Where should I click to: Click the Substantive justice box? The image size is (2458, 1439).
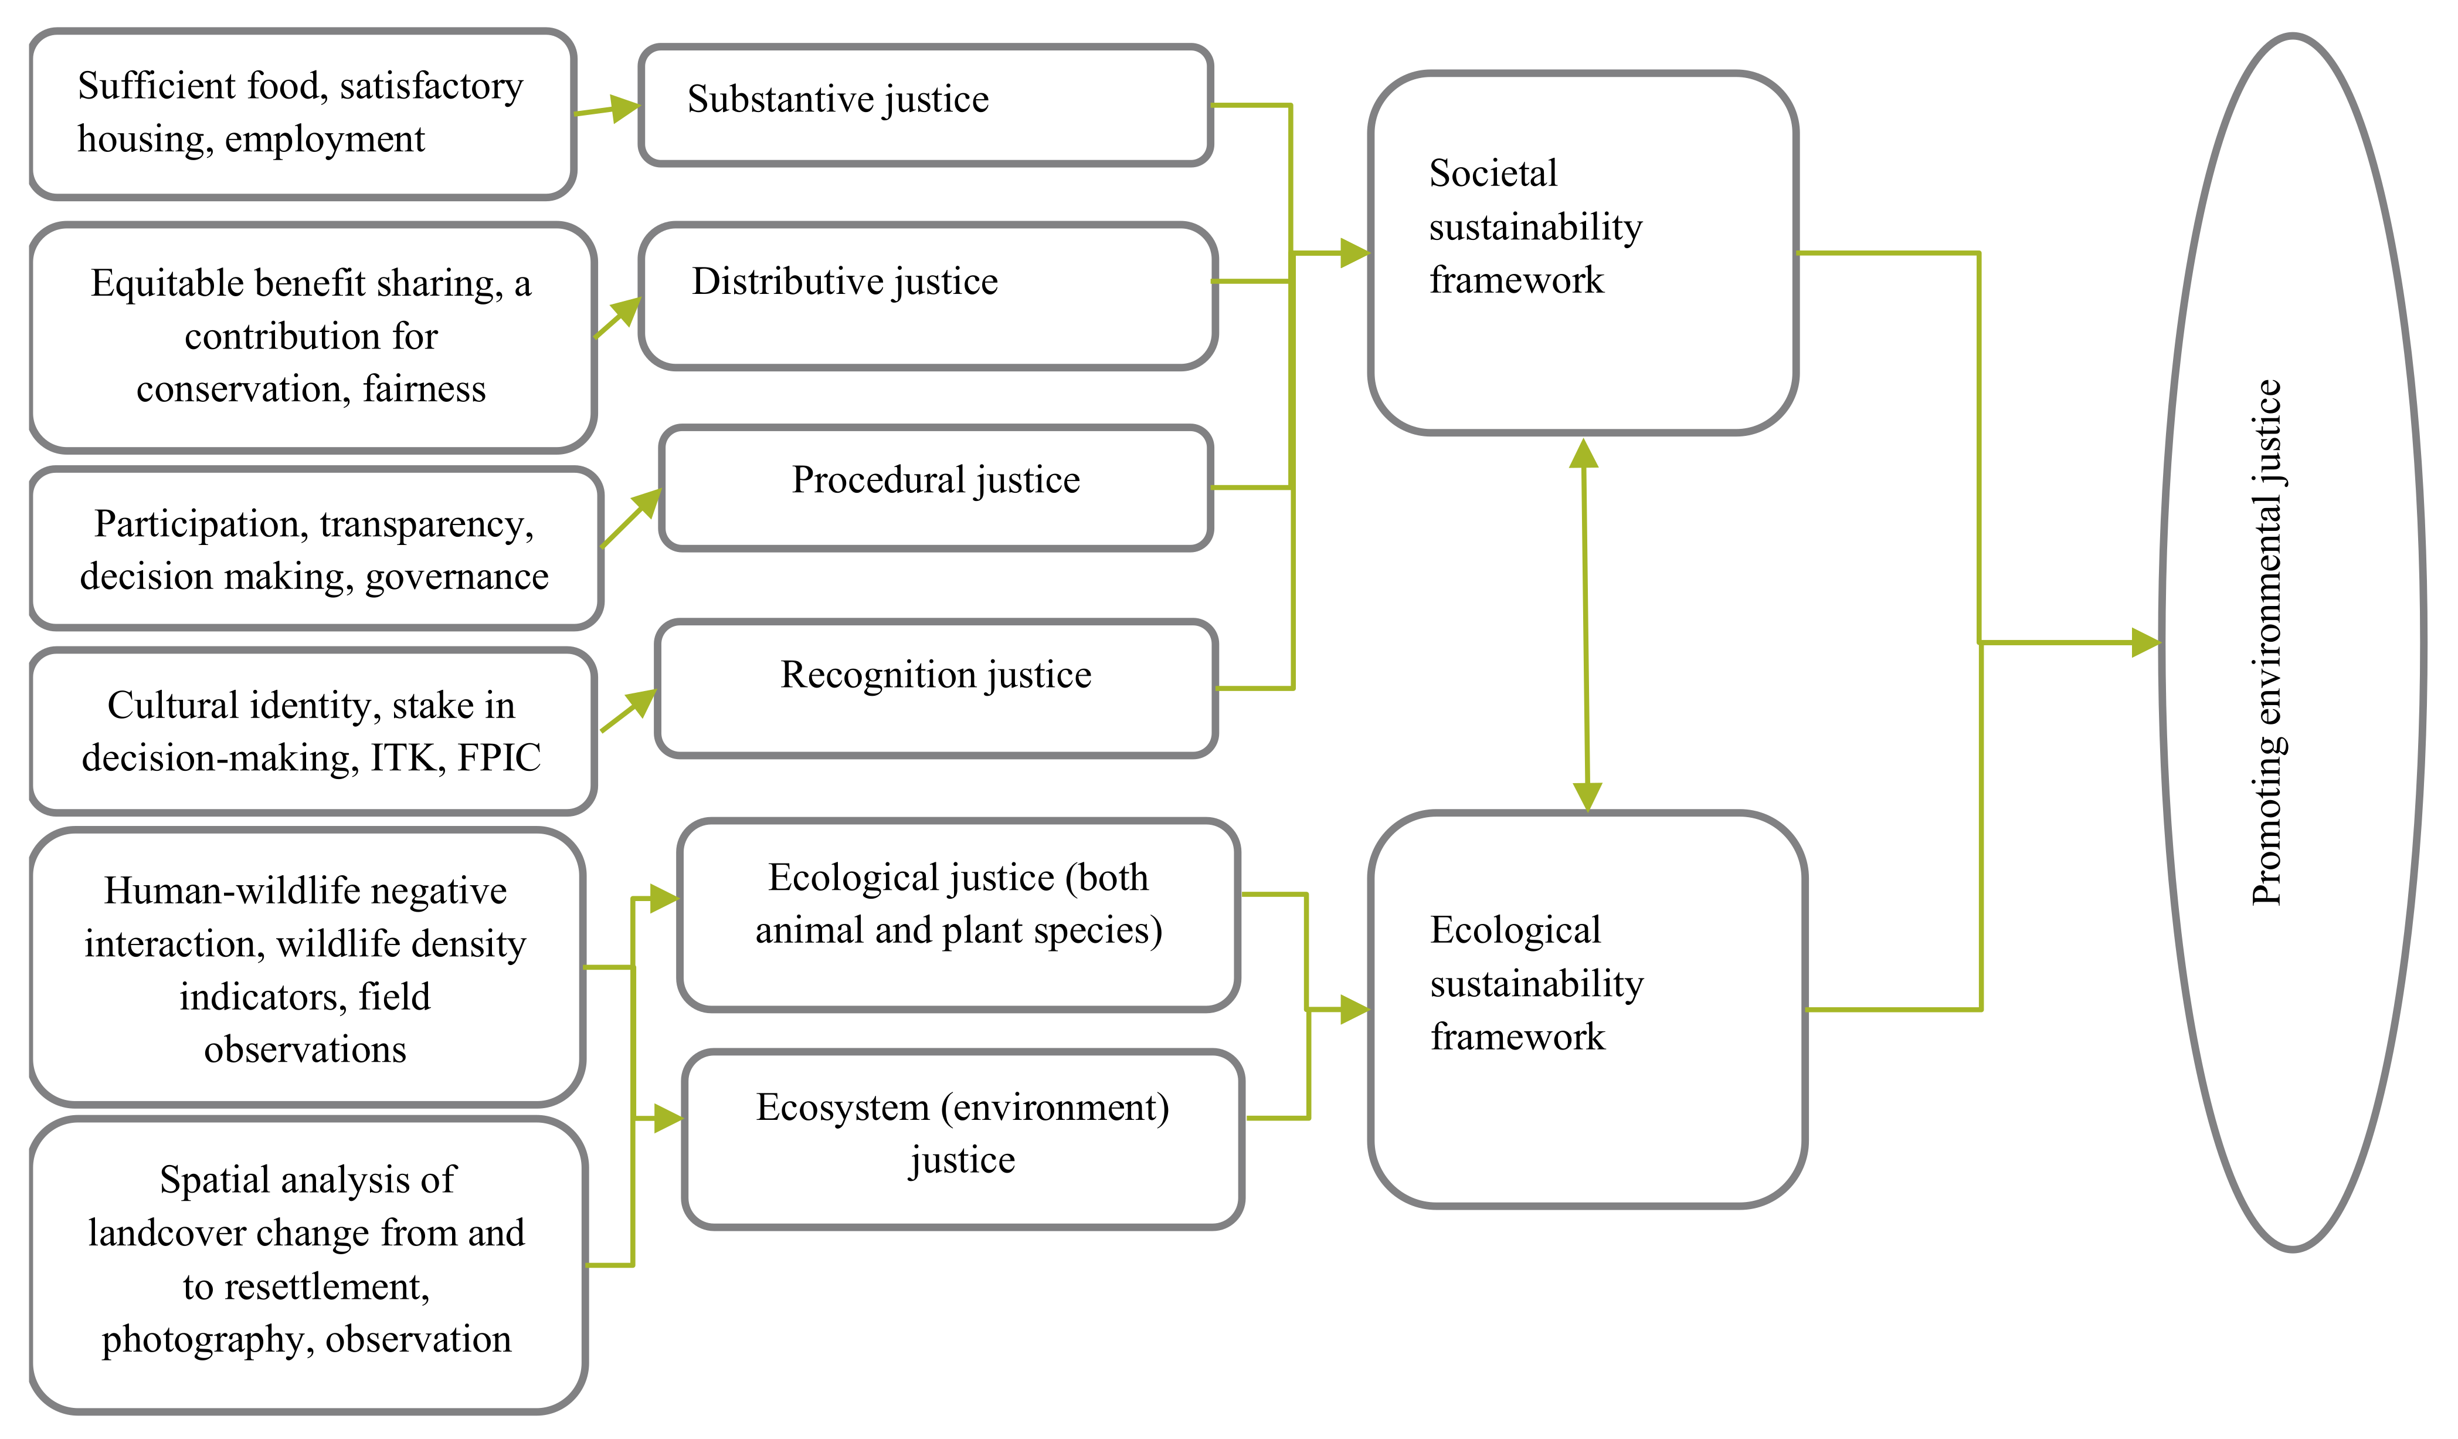925,104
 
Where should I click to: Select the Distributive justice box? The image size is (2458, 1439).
926,296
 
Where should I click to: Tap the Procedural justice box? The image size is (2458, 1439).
935,488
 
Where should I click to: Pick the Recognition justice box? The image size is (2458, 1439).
935,688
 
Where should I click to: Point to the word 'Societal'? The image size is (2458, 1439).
1492,174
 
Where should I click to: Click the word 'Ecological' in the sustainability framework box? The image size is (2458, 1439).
1515,930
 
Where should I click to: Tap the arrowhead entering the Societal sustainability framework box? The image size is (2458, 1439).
1355,253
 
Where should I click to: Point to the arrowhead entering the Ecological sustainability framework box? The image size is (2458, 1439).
1355,1010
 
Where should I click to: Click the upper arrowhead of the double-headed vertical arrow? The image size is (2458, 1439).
1583,453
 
